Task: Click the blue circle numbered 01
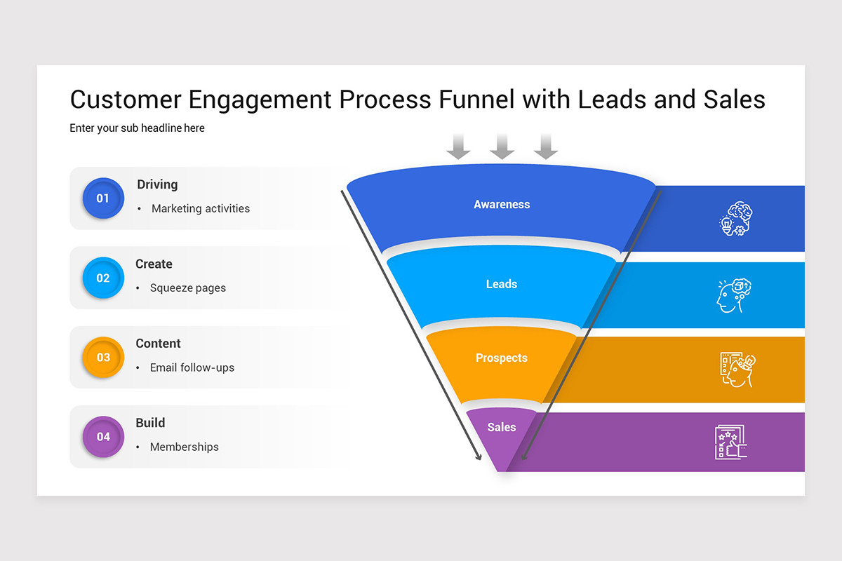(103, 198)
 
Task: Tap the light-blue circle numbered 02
(103, 278)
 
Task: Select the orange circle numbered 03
(103, 358)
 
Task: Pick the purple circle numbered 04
(103, 437)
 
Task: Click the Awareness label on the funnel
(502, 205)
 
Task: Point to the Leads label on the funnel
(502, 284)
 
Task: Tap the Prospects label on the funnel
(502, 358)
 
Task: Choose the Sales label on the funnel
(502, 427)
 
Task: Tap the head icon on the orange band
(737, 370)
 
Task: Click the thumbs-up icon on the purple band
(730, 442)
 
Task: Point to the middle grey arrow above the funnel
(502, 146)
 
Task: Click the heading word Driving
(157, 184)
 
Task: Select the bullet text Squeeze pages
(188, 288)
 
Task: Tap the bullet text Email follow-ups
(192, 367)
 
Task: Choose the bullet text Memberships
(185, 447)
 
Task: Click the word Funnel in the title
(477, 100)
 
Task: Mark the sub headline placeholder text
(137, 128)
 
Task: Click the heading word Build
(150, 423)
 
